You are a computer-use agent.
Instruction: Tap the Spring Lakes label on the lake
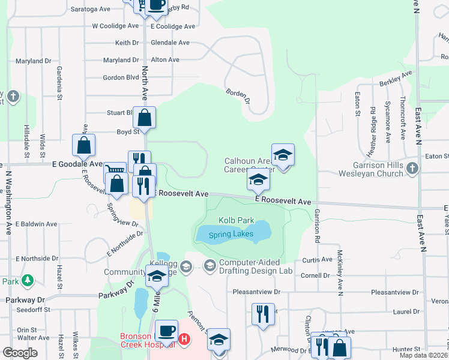click(x=231, y=234)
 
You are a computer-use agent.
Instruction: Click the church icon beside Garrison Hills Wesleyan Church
click(x=412, y=169)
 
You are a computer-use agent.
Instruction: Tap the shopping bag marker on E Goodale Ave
click(x=83, y=145)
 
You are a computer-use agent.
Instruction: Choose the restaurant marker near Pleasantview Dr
click(x=262, y=313)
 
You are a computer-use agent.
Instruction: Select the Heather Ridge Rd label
click(x=372, y=129)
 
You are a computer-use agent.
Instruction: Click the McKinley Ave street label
click(x=340, y=273)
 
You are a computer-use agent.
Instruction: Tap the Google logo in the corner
click(x=20, y=353)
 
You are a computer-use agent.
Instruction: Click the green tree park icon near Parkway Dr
click(x=26, y=280)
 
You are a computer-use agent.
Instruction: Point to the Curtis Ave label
click(x=318, y=260)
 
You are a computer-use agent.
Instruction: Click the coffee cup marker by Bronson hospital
click(x=166, y=329)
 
